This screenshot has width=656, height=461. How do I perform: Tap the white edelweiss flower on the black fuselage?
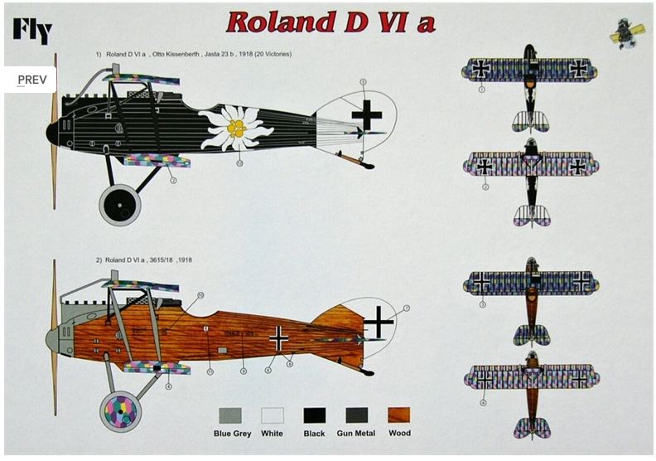pyautogui.click(x=235, y=128)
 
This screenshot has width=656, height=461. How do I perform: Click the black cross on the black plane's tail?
pyautogui.click(x=367, y=117)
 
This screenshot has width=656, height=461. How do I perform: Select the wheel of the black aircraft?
pyautogui.click(x=120, y=204)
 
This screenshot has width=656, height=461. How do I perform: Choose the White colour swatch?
pyautogui.click(x=272, y=415)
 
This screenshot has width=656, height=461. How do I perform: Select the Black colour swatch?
pyautogui.click(x=314, y=415)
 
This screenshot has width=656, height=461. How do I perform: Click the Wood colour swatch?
pyautogui.click(x=398, y=415)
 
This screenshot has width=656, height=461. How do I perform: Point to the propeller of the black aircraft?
pyautogui.click(x=55, y=133)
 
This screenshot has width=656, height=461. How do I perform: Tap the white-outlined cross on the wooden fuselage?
pyautogui.click(x=279, y=337)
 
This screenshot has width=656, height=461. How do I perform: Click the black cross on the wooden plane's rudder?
pyautogui.click(x=379, y=321)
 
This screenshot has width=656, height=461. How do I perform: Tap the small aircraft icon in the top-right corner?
pyautogui.click(x=627, y=33)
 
